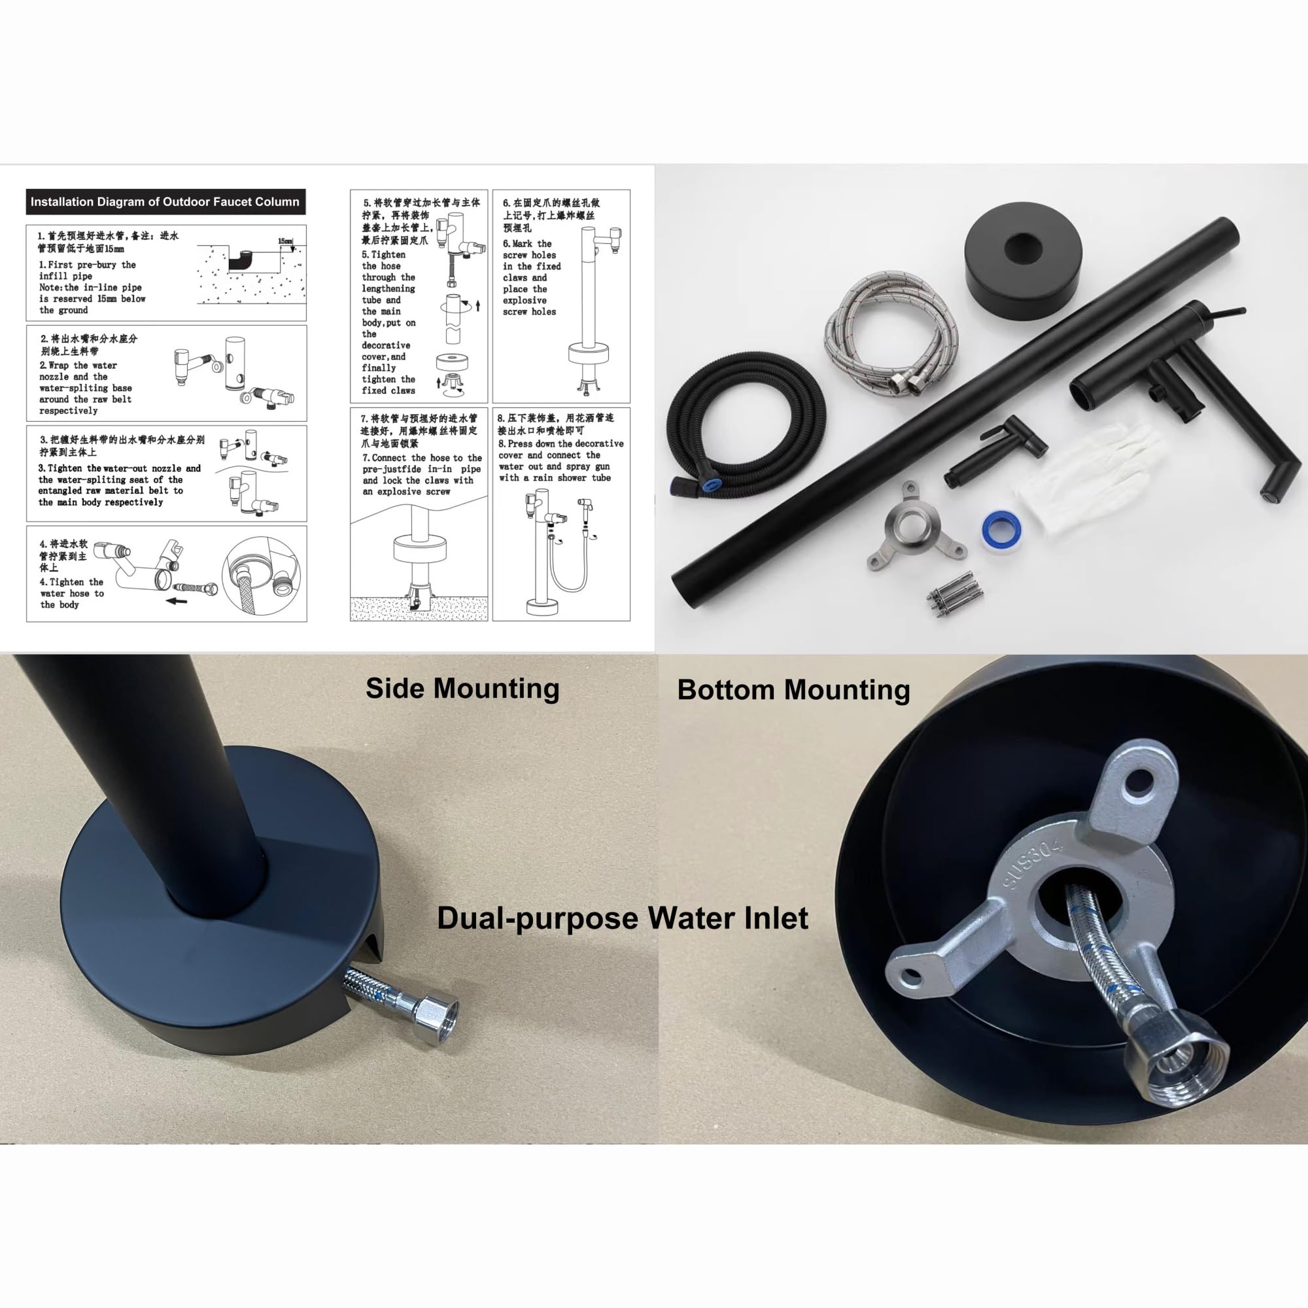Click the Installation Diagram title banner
[x=165, y=201]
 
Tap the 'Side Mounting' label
[x=462, y=689]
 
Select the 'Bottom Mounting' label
[x=793, y=690]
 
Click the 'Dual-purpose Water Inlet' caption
[x=622, y=919]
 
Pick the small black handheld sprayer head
[x=995, y=449]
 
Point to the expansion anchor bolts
[x=955, y=594]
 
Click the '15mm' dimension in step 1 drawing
[x=285, y=241]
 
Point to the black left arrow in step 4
[x=177, y=600]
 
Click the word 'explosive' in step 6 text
[x=525, y=300]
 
